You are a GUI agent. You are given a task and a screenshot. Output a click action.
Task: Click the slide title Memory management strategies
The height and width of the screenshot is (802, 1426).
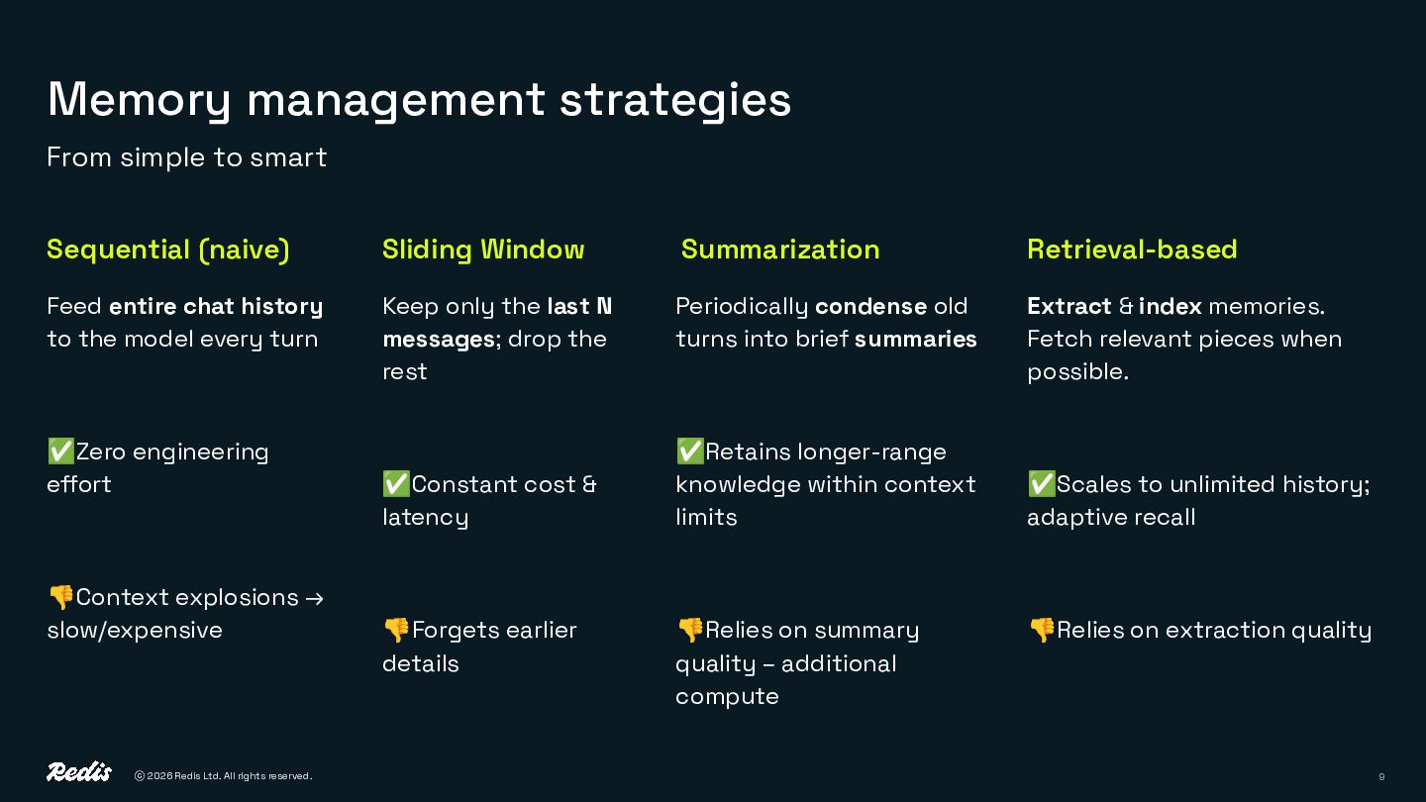click(419, 100)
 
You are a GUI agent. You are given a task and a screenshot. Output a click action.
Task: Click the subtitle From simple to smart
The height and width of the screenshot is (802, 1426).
click(186, 157)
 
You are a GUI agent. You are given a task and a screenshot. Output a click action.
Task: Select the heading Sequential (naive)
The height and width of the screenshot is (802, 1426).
click(168, 250)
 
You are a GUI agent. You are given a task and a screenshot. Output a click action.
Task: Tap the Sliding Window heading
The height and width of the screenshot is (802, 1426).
click(483, 250)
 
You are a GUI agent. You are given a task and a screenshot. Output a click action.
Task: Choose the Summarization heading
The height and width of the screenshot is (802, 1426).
click(780, 250)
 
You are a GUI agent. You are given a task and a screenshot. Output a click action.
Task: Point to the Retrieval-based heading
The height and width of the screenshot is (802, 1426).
click(1132, 250)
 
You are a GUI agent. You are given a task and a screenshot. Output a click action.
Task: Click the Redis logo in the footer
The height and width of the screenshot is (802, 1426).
click(79, 772)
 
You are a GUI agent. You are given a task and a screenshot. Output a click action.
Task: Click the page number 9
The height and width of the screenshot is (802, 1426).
click(1381, 777)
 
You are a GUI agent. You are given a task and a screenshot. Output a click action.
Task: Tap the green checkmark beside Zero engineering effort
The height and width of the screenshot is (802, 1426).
click(60, 451)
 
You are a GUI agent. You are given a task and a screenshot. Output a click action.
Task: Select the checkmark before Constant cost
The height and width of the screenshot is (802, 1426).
click(396, 484)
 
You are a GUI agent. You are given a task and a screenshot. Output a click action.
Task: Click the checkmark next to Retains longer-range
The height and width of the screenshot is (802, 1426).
click(689, 451)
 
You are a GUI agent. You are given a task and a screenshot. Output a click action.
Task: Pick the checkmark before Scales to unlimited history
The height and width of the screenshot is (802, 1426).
click(1041, 484)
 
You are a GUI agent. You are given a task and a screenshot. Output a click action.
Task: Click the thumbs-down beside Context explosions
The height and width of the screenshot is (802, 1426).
click(60, 597)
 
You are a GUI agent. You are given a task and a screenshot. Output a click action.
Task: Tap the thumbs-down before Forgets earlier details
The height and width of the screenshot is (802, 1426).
click(396, 630)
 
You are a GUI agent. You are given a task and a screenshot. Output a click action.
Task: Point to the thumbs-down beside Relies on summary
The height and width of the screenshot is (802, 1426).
click(689, 630)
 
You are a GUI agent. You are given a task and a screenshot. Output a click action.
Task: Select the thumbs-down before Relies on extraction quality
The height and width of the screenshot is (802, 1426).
click(1041, 630)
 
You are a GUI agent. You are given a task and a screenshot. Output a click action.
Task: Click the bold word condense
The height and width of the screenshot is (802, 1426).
click(870, 307)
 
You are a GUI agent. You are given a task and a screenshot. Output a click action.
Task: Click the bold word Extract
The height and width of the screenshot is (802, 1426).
click(1069, 307)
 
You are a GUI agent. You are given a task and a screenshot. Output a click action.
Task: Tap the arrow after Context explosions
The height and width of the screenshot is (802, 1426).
click(315, 598)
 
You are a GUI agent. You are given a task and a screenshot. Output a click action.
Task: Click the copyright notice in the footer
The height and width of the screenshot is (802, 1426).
click(223, 776)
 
